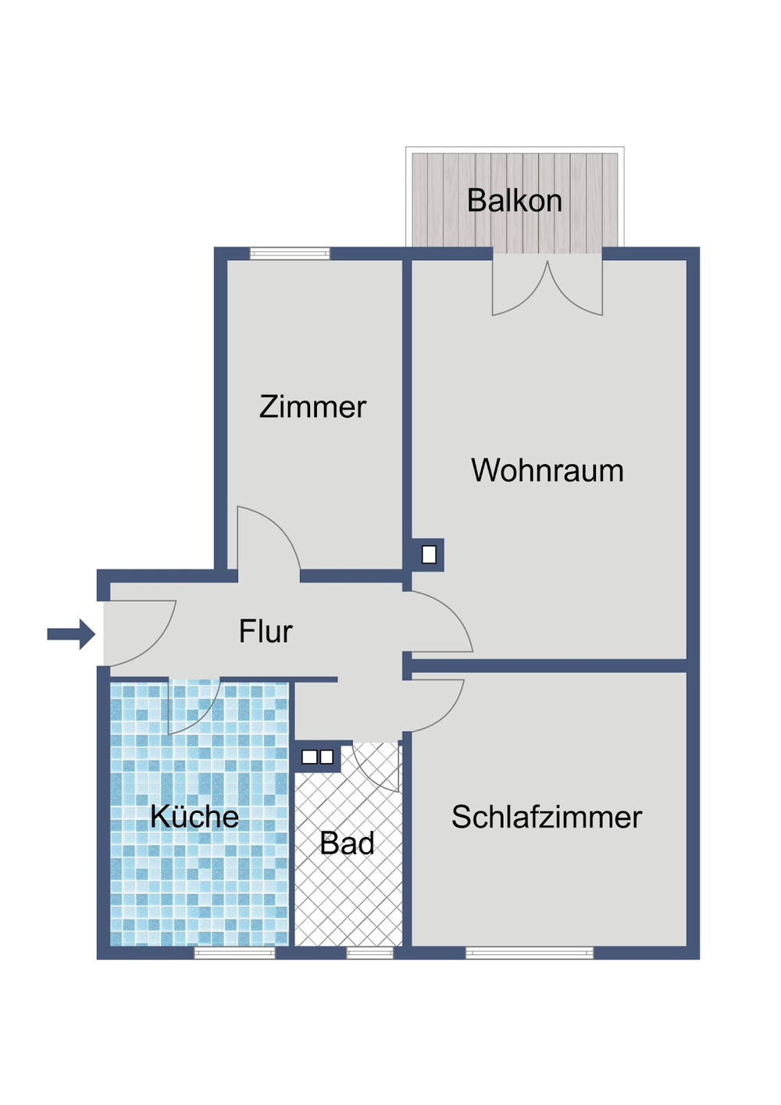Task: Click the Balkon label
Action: tap(515, 201)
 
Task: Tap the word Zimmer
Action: tap(312, 407)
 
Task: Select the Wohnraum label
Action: tap(547, 471)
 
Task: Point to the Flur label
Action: tap(266, 632)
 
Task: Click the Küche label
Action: tap(194, 817)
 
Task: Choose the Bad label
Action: tap(348, 844)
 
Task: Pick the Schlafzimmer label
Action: tap(547, 818)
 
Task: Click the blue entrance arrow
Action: tap(70, 634)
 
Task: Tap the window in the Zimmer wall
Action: tap(290, 254)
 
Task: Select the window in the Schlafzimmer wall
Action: tap(530, 953)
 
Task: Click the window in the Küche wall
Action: tap(234, 953)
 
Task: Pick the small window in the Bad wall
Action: tap(369, 953)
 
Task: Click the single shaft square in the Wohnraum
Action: tap(429, 554)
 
